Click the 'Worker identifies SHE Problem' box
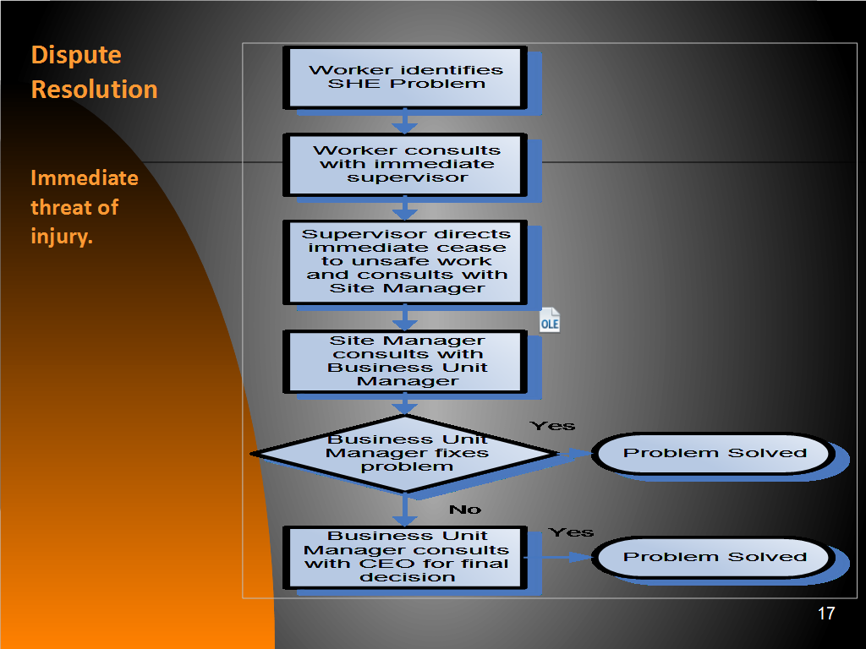[405, 78]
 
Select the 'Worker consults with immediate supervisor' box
[405, 165]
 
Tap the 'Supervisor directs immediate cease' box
[405, 262]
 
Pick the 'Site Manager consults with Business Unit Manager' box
[405, 362]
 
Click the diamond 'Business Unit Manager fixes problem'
[405, 454]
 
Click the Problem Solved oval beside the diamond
[714, 454]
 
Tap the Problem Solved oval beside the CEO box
[714, 558]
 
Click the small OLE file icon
[550, 320]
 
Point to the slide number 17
[826, 614]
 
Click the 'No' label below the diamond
[465, 510]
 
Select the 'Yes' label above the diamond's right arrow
[552, 426]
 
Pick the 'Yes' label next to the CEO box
[571, 532]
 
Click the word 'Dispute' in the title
[76, 55]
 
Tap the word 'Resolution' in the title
[95, 90]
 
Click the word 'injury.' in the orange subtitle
[62, 237]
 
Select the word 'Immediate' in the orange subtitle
[85, 177]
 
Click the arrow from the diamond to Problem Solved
[575, 454]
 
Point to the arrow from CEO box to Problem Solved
[558, 558]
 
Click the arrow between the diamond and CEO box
[405, 509]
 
